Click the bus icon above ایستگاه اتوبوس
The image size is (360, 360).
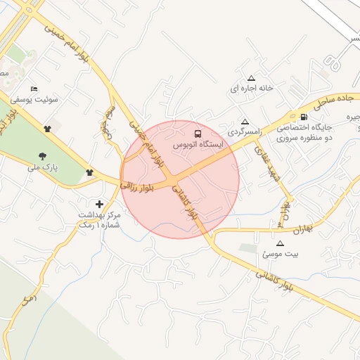click(198, 133)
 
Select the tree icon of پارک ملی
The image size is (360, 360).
click(44, 156)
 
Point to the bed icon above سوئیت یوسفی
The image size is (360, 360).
click(34, 89)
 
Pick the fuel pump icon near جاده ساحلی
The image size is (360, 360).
click(303, 117)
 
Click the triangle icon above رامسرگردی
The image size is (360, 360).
click(244, 122)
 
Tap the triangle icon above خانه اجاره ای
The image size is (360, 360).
click(252, 78)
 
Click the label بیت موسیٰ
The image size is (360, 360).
click(271, 254)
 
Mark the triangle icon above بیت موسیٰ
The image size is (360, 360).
click(271, 243)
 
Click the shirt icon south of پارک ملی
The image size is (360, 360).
click(89, 172)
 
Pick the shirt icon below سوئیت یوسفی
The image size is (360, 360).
click(48, 128)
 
